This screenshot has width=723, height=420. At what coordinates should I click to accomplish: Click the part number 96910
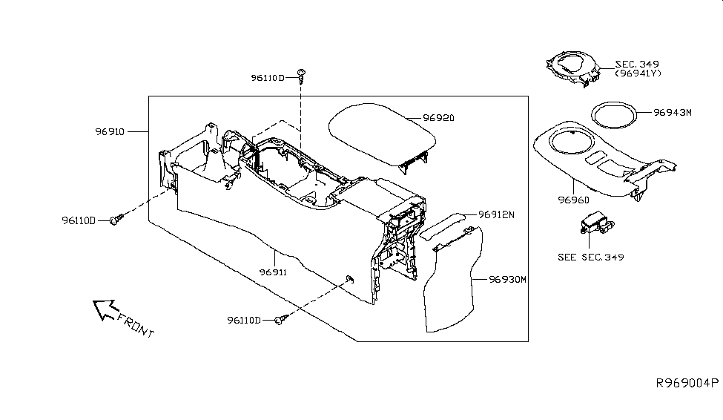(x=110, y=132)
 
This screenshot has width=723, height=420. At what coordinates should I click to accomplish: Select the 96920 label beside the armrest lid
(x=438, y=118)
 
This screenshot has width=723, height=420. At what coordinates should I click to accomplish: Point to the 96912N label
(x=496, y=214)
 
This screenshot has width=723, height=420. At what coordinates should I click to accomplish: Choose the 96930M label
(x=507, y=280)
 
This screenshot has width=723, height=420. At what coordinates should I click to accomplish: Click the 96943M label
(x=672, y=113)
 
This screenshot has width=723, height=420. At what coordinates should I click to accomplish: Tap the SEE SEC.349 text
(x=590, y=257)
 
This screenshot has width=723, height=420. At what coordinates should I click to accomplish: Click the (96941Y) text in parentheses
(x=638, y=73)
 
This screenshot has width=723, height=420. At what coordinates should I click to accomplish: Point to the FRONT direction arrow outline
(x=104, y=309)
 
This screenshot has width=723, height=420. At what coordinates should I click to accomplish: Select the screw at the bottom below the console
(x=279, y=320)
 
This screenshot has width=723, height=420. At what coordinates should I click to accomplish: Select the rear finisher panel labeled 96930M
(x=450, y=282)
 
